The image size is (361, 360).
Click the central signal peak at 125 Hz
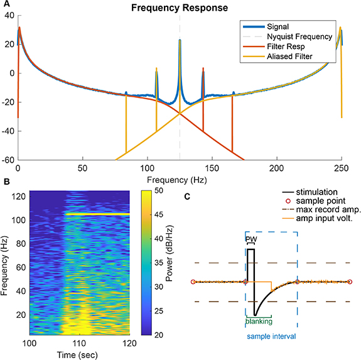pos(180,41)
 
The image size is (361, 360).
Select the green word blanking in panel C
pos(259,321)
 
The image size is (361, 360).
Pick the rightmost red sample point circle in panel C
pos(349,281)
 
